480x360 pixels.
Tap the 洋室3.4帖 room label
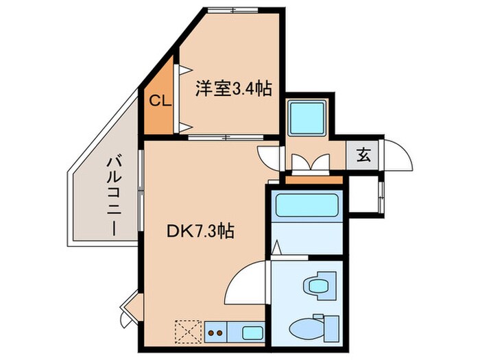click(234, 88)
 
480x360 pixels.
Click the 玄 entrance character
click(363, 154)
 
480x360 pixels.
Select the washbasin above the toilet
click(318, 283)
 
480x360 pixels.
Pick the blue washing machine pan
click(306, 117)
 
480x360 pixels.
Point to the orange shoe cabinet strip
click(313, 180)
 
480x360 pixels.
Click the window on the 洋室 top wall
click(234, 10)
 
